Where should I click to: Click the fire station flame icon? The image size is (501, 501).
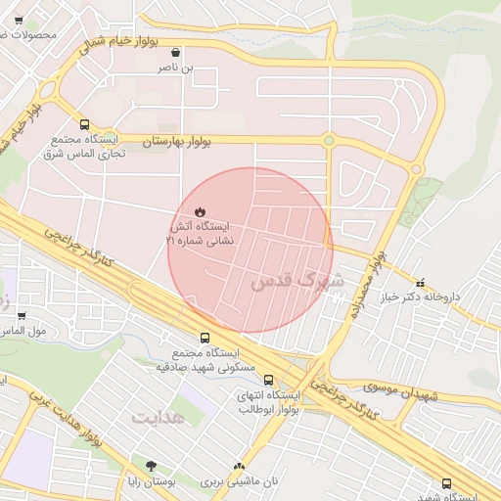click(200, 211)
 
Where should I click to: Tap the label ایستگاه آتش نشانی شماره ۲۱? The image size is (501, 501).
click(201, 232)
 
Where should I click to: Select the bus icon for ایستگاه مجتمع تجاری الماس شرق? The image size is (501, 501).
click(85, 125)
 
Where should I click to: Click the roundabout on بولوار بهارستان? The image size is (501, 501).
click(329, 141)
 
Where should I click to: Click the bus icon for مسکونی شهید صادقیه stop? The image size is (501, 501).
click(204, 338)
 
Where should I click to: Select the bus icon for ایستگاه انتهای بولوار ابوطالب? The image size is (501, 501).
click(241, 383)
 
